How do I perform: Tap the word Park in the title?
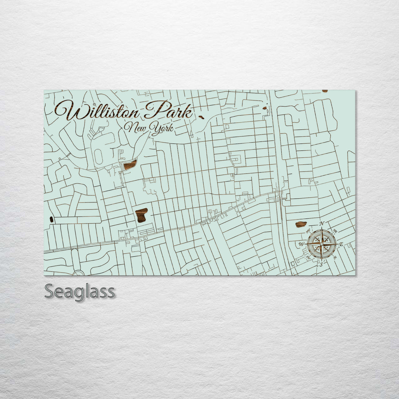tap(169, 110)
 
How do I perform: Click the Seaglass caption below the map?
tap(79, 292)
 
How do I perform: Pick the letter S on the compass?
tap(321, 264)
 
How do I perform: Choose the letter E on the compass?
tap(341, 244)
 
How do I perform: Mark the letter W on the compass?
tap(301, 244)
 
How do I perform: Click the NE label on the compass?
tap(335, 231)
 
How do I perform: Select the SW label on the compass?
tap(308, 257)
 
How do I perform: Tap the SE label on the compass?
tap(335, 258)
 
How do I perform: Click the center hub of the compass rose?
tap(321, 244)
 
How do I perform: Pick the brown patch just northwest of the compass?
tap(301, 224)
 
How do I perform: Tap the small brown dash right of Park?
tap(201, 117)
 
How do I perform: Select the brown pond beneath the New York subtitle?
tap(130, 165)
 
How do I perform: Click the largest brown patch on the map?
tap(141, 215)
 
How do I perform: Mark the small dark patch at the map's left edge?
tap(51, 219)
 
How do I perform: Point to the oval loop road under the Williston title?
tap(98, 157)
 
